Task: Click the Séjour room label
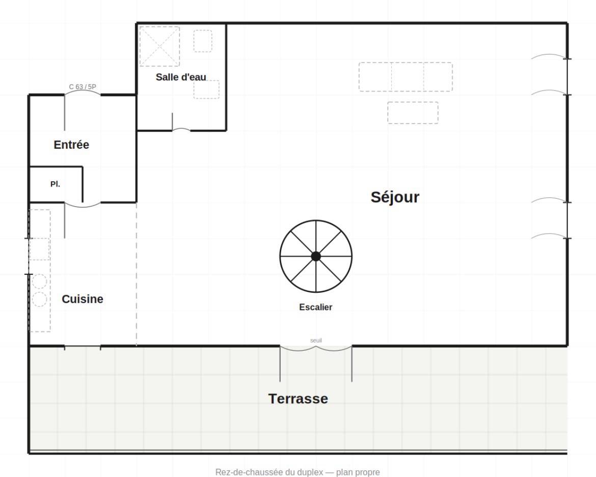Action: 395,198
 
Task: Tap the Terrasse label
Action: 298,399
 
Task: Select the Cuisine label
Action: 83,299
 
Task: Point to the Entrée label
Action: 71,144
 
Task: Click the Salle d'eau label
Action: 181,77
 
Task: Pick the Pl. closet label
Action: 55,184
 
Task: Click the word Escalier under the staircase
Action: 315,307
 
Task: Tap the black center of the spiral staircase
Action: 316,257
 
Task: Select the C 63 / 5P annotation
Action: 83,87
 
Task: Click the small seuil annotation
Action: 316,340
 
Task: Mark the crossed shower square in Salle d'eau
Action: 159,46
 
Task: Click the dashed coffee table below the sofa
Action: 413,113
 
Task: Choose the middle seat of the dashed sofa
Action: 408,77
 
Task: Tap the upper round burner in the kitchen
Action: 39,282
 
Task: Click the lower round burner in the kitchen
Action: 39,299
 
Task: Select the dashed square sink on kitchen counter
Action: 39,249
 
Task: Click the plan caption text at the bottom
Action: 297,472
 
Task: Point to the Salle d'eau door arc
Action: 181,129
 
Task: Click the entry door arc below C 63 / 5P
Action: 83,92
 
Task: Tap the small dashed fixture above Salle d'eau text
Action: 203,41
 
